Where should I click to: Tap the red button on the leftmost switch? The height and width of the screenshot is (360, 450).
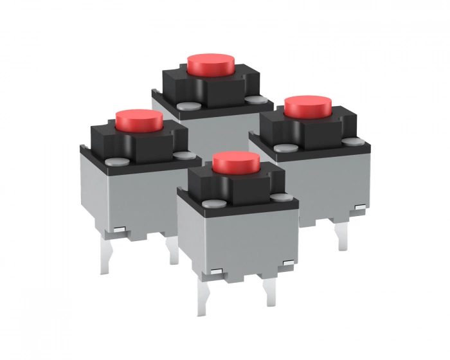138,119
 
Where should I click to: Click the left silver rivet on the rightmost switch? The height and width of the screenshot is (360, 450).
281,148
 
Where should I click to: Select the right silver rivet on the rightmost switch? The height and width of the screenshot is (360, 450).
349,141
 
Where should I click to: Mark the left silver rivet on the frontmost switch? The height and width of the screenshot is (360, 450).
217,204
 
